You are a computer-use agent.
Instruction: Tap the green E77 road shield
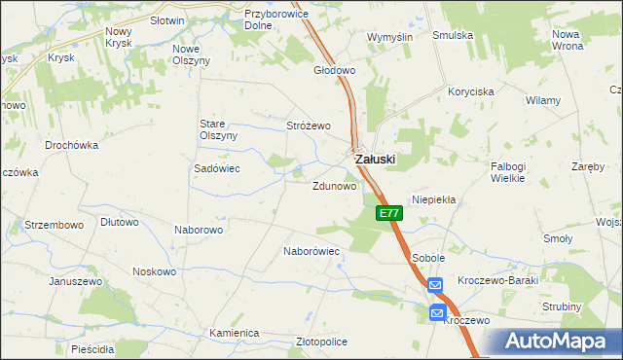[x=388, y=213]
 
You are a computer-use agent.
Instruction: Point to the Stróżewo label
[x=309, y=126]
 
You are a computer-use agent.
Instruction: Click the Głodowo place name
[x=334, y=71]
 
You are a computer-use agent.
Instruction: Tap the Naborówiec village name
[x=311, y=251]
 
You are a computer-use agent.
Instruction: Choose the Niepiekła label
[x=434, y=198]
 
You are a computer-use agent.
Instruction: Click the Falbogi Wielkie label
[x=508, y=172]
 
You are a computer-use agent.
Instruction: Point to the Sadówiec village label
[x=217, y=167]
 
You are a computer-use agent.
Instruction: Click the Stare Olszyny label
[x=218, y=129]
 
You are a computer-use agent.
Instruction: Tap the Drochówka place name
[x=72, y=145]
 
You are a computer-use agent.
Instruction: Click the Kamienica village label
[x=234, y=333]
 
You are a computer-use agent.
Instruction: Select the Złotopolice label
[x=321, y=342]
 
